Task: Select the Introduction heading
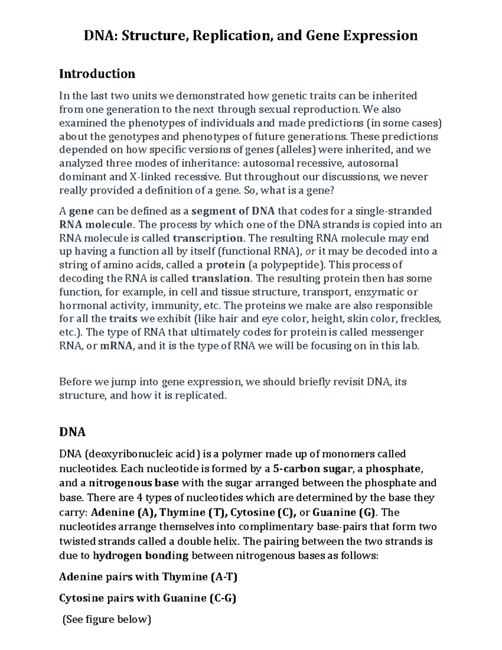click(97, 74)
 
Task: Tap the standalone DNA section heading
click(72, 432)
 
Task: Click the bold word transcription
click(207, 238)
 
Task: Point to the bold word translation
click(220, 278)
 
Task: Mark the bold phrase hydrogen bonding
click(141, 556)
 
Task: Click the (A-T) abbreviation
click(224, 577)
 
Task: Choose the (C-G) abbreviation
click(222, 598)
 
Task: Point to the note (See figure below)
click(106, 619)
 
